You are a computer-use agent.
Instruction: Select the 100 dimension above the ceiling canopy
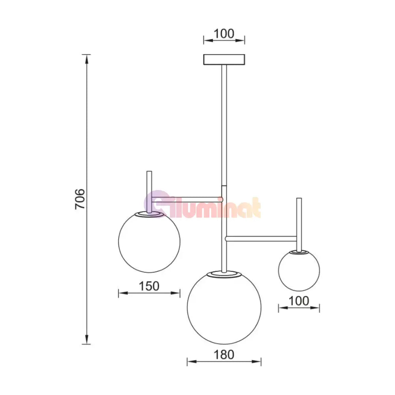coord(224,34)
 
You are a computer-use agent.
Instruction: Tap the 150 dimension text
coord(149,286)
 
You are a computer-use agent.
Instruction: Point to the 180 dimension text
coord(224,354)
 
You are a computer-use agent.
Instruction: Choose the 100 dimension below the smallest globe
coord(299,301)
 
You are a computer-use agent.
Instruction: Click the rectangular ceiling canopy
coord(224,60)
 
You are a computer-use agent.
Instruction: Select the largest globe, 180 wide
coord(224,307)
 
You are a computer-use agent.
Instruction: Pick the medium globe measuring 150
coord(149,242)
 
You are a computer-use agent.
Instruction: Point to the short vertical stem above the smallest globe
coord(299,223)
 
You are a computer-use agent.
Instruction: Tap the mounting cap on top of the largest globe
coord(224,273)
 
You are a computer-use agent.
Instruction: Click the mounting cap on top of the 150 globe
coord(149,214)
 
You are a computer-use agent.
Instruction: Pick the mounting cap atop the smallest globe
coord(299,251)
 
